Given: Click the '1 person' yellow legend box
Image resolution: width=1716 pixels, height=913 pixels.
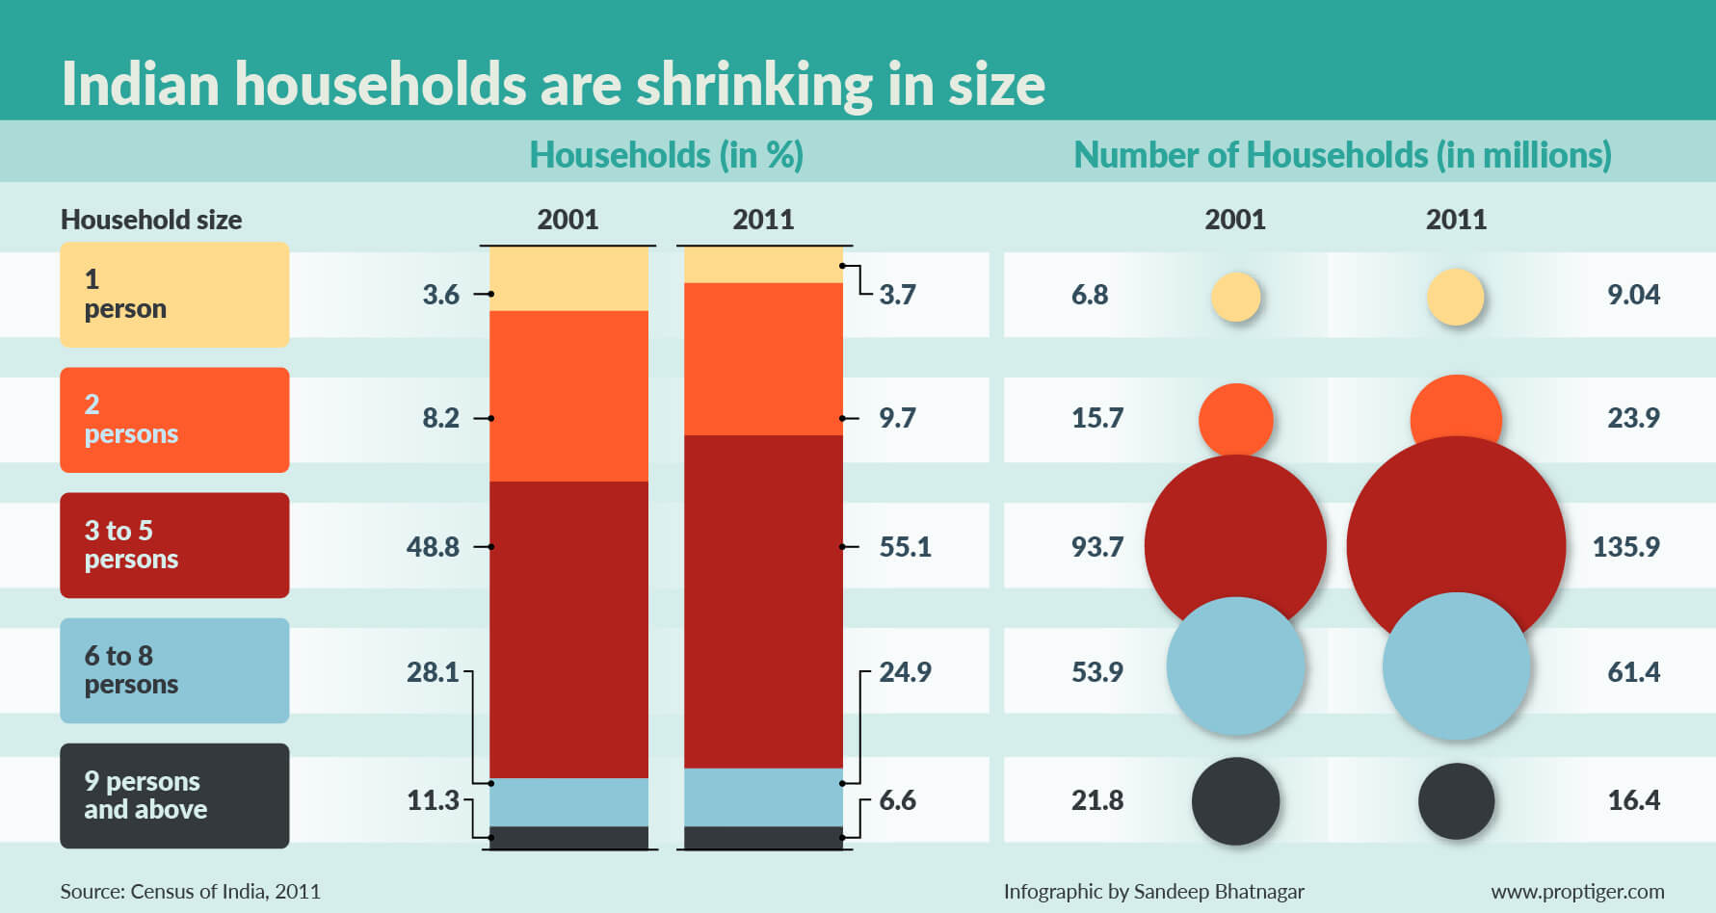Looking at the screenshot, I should click(x=174, y=295).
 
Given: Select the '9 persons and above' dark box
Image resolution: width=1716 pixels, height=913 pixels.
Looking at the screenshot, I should click(x=174, y=796).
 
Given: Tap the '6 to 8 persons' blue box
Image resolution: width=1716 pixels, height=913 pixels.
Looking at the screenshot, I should click(x=174, y=670).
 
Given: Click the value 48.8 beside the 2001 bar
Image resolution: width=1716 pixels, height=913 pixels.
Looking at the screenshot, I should click(x=433, y=547).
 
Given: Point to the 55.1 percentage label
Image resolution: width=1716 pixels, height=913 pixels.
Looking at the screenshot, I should click(x=905, y=547).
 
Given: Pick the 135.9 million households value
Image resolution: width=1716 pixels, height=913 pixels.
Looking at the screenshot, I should click(x=1625, y=547).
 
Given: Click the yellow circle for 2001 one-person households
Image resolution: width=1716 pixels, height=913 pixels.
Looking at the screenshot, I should click(x=1235, y=297).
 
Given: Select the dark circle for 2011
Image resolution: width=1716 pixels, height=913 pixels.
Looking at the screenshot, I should click(x=1456, y=801).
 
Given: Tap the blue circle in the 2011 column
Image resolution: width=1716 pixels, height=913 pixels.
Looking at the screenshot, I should click(x=1456, y=666).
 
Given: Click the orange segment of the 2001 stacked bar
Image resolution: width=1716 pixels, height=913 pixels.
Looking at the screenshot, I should click(x=568, y=396).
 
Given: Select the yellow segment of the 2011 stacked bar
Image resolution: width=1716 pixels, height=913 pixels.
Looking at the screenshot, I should click(x=763, y=265).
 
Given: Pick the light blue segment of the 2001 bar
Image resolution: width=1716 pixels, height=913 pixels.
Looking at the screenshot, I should click(x=568, y=802).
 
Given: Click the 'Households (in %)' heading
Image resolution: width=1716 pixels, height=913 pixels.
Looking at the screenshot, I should click(x=666, y=155).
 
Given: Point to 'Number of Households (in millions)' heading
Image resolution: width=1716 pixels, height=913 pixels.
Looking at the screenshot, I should click(x=1342, y=155).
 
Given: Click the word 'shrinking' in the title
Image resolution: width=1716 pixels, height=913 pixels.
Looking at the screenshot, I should click(x=752, y=85).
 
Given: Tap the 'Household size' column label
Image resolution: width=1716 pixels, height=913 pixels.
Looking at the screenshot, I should click(x=151, y=220).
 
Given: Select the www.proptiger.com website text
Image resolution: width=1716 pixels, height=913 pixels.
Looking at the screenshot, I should click(x=1577, y=892).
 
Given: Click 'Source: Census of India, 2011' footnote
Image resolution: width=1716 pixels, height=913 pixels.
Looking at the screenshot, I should click(x=190, y=892).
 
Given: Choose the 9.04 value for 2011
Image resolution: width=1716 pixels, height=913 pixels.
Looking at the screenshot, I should click(x=1633, y=295).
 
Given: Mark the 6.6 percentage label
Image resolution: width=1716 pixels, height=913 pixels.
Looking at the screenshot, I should click(x=897, y=800).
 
